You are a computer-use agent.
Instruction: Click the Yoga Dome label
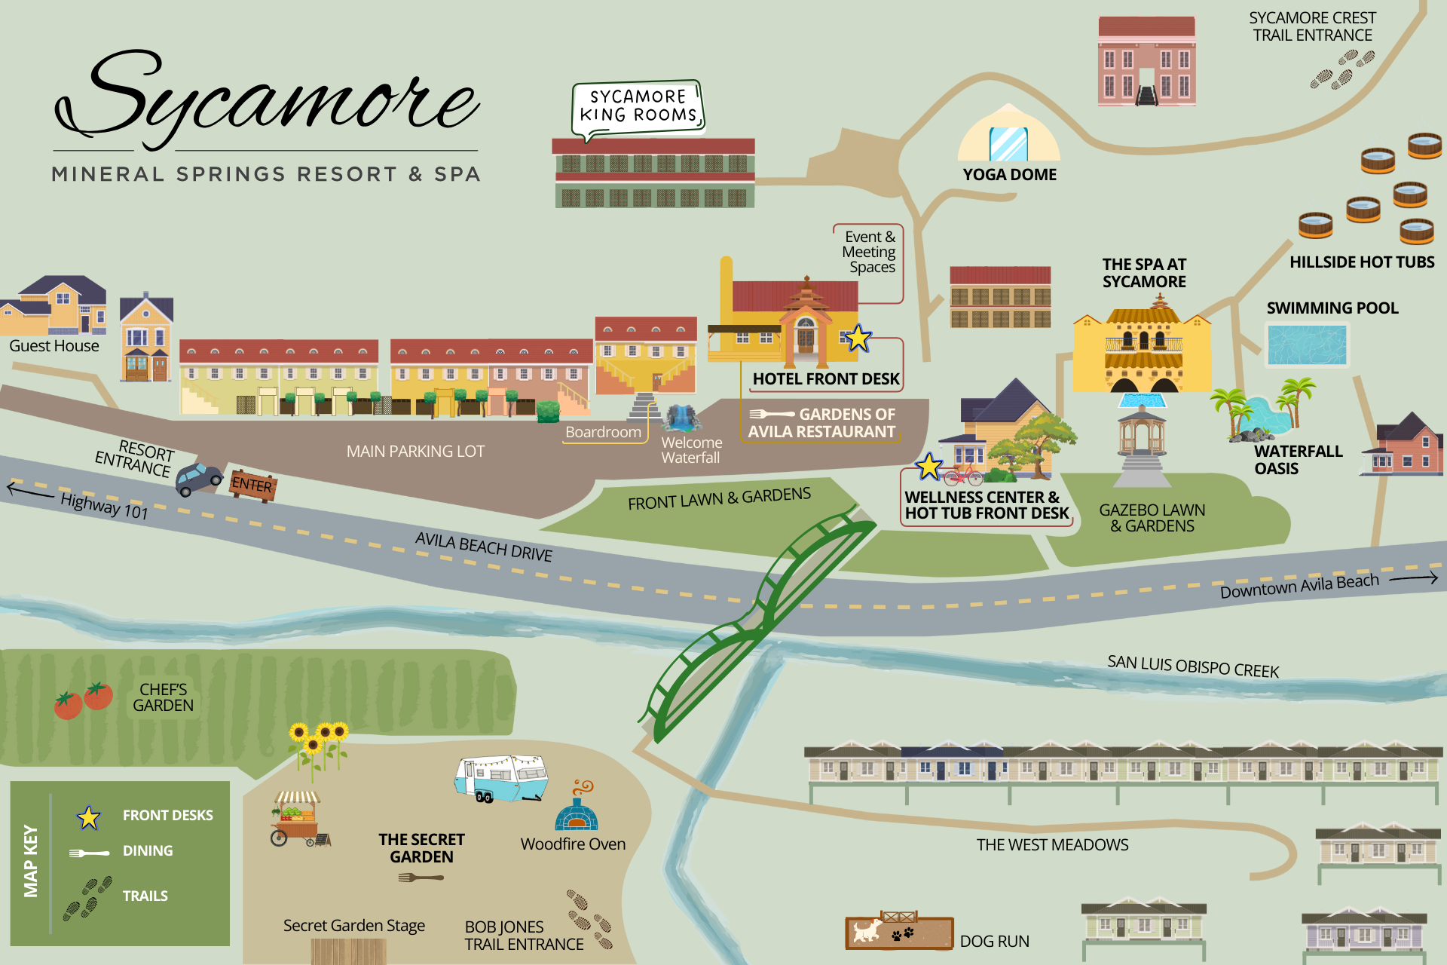[x=1009, y=175]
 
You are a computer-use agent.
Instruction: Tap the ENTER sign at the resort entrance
[x=252, y=485]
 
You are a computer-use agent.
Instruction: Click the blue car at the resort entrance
[x=199, y=479]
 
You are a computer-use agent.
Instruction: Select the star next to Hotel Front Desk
[x=858, y=339]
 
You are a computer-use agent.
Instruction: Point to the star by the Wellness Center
[x=929, y=467]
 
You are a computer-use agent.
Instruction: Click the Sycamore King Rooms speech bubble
[x=638, y=107]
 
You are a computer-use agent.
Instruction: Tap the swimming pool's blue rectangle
[x=1307, y=345]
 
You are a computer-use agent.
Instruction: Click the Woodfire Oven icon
[x=577, y=808]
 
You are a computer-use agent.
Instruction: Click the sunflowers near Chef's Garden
[x=317, y=745]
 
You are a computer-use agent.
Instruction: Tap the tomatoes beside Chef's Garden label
[x=83, y=700]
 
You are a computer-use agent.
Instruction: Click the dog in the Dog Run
[x=867, y=930]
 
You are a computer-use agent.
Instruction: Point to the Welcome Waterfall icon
[x=682, y=418]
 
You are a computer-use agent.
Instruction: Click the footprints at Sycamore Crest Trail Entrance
[x=1342, y=69]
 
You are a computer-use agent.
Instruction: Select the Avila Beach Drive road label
[x=484, y=547]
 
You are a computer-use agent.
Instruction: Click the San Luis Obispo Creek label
[x=1193, y=666]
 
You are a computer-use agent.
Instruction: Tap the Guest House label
[x=54, y=346]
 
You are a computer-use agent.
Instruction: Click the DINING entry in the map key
[x=148, y=851]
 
